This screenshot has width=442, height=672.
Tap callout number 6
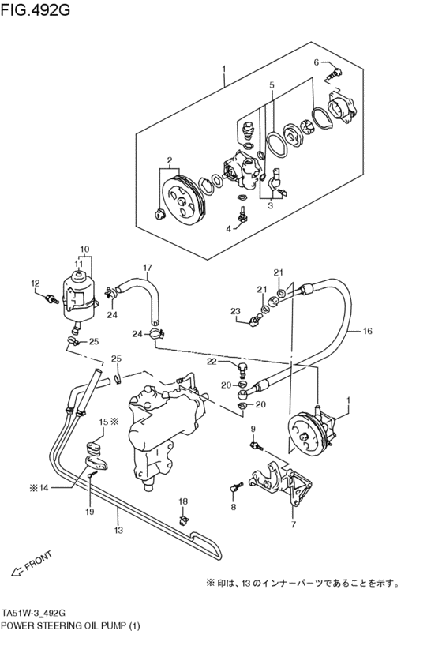pyautogui.click(x=317, y=62)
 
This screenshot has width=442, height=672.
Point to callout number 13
pyautogui.click(x=117, y=531)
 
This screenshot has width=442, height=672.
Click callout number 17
pyautogui.click(x=147, y=267)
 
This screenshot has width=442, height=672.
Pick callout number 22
pyautogui.click(x=212, y=361)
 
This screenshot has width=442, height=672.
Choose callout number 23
pyautogui.click(x=234, y=311)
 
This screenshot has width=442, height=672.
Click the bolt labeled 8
pyautogui.click(x=234, y=488)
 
